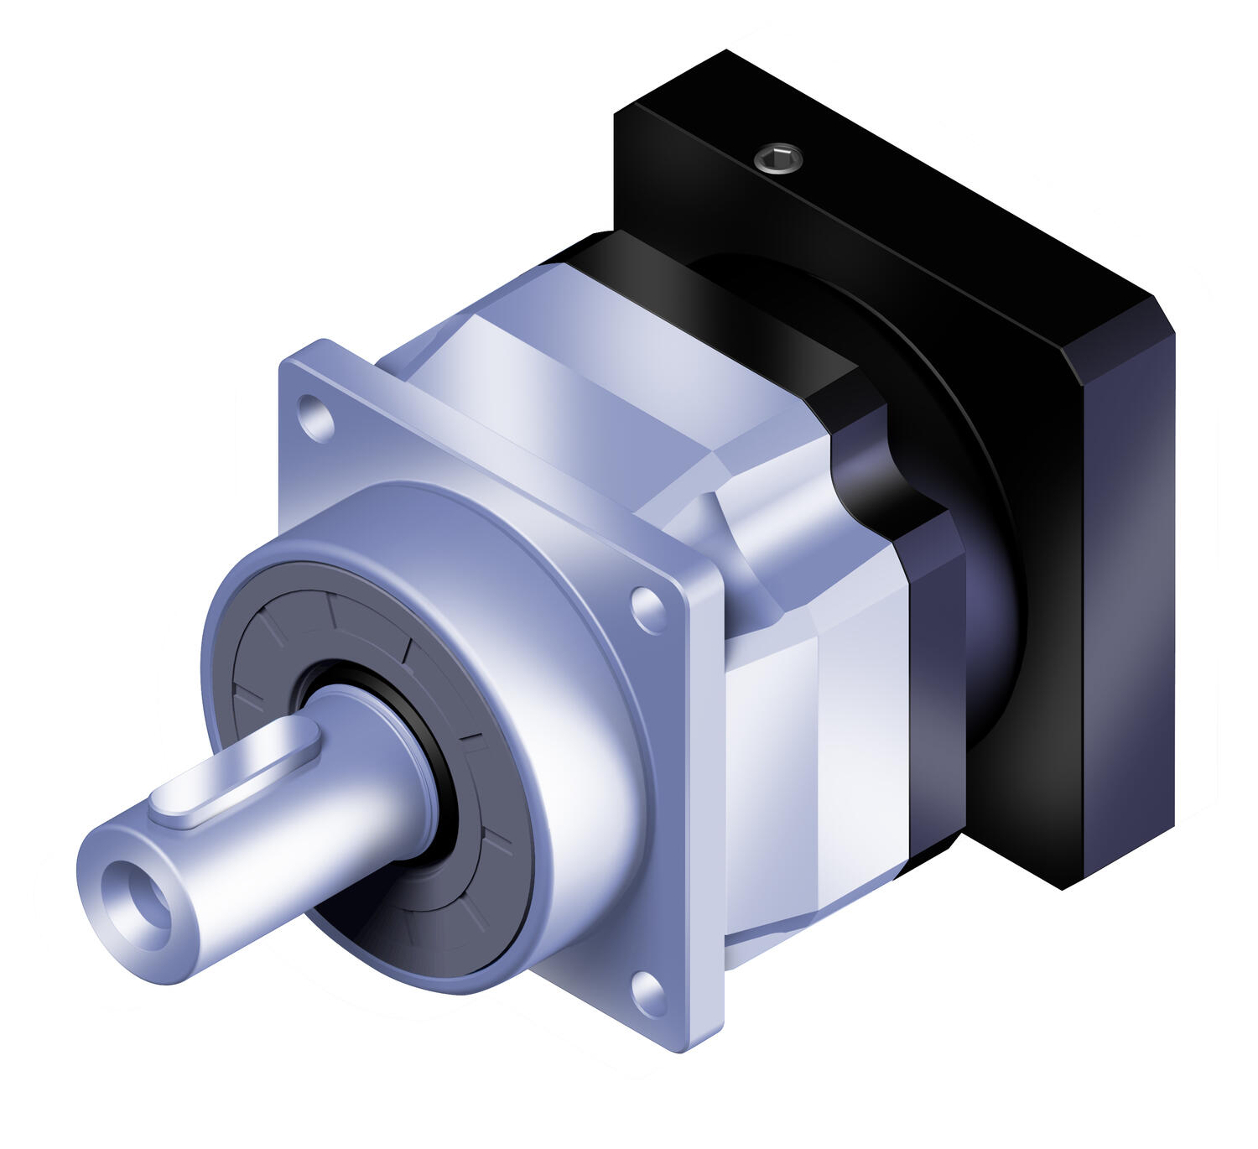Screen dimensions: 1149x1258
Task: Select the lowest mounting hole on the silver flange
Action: coord(647,991)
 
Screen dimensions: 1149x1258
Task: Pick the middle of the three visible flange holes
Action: coord(647,610)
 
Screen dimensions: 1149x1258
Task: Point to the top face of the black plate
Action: coord(881,193)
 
